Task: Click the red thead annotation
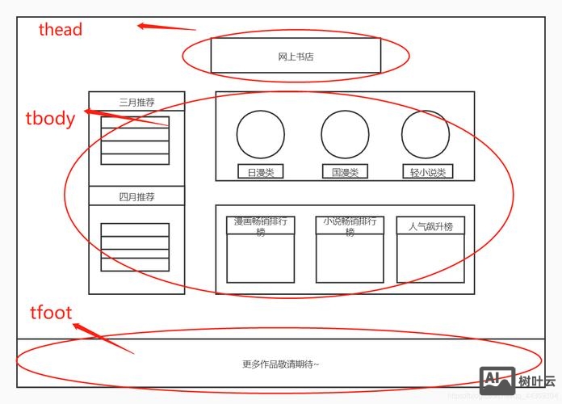(61, 30)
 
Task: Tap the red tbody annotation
(50, 119)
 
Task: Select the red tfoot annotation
(52, 312)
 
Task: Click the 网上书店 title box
(296, 56)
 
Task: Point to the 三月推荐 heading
(136, 103)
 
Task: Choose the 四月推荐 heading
(136, 196)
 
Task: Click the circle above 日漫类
(260, 134)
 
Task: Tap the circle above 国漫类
(345, 134)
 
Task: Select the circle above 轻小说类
(426, 134)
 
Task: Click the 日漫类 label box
(260, 172)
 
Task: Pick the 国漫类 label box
(345, 172)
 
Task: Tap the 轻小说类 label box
(427, 172)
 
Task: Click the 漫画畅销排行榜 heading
(260, 225)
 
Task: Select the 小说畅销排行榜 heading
(350, 225)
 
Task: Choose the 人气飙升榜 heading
(430, 226)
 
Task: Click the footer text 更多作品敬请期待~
(280, 364)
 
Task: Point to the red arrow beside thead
(166, 27)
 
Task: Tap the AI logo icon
(497, 381)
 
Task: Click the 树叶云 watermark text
(536, 381)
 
